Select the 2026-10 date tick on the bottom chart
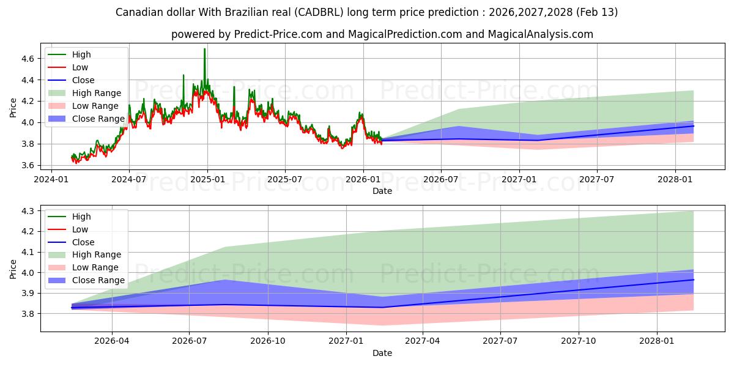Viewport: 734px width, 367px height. click(x=268, y=341)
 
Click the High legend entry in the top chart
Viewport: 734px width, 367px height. click(x=81, y=54)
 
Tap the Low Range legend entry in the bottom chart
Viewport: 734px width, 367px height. click(x=95, y=267)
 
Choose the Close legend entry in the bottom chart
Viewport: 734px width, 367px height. click(x=83, y=242)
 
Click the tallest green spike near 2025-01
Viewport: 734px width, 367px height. click(x=204, y=50)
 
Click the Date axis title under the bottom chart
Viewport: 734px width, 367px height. click(x=382, y=353)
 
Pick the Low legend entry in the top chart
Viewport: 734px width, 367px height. click(x=80, y=67)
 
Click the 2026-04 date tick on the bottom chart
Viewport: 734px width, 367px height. click(x=113, y=341)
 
